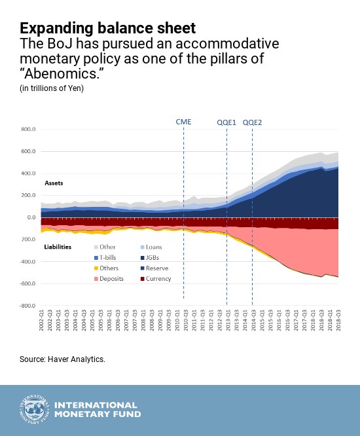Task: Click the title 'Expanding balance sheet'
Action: point(107,28)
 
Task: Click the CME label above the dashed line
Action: point(184,122)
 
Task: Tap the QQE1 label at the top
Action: point(226,122)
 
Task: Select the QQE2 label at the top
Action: point(253,122)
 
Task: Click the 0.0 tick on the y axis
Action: point(29,217)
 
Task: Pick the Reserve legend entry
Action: point(158,268)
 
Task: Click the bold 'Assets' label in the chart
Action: point(54,183)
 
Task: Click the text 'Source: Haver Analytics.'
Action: point(62,359)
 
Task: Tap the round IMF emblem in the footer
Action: point(32,410)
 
